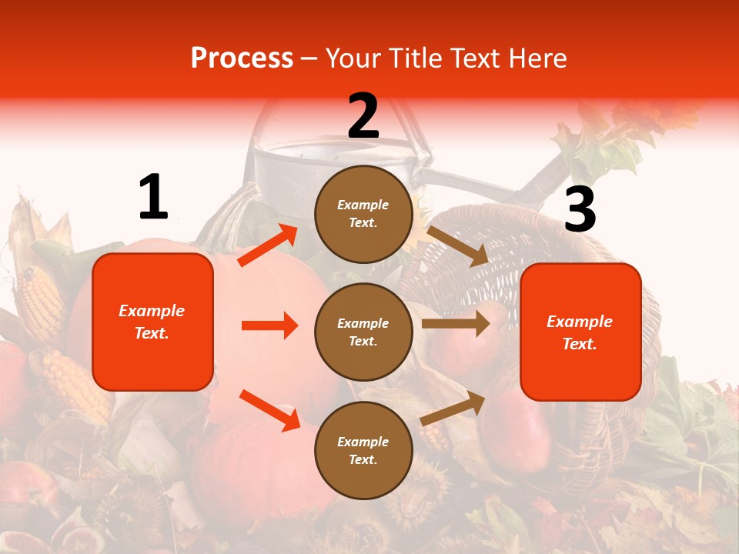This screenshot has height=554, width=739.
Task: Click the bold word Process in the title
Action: (x=242, y=58)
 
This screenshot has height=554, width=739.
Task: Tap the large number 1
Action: (x=153, y=197)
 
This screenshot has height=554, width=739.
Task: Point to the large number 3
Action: (x=580, y=209)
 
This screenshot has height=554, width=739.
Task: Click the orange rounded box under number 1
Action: (x=152, y=322)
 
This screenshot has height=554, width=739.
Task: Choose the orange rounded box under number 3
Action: (x=580, y=332)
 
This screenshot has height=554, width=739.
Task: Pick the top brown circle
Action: (x=363, y=214)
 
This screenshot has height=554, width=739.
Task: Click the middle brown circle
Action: (x=363, y=332)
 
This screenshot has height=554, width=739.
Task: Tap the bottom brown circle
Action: (x=363, y=450)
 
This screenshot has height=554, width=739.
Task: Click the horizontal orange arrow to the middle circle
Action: (x=269, y=325)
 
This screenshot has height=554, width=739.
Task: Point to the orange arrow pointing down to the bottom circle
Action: (x=269, y=410)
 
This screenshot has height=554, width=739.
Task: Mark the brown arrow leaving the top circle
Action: (x=457, y=246)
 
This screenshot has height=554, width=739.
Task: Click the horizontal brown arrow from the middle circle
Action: (x=456, y=324)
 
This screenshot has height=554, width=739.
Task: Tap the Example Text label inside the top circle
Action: (x=363, y=214)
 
